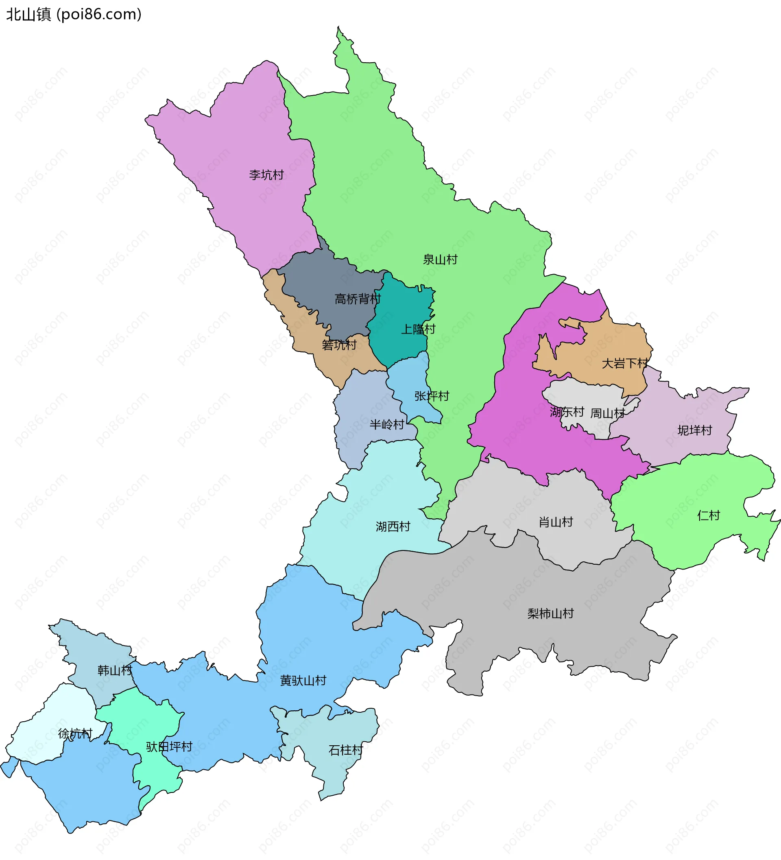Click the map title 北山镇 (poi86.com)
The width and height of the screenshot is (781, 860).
(x=73, y=15)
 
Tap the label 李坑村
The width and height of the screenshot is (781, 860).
(x=266, y=175)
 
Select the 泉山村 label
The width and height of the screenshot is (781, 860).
(x=440, y=260)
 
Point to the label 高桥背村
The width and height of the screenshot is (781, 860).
(x=358, y=299)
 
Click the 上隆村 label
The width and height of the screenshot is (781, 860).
(x=418, y=329)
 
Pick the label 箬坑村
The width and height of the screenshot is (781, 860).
(x=339, y=345)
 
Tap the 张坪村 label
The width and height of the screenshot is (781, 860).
(x=432, y=396)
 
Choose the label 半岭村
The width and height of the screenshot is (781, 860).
(x=386, y=424)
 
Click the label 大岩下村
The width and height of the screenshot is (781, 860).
(x=624, y=363)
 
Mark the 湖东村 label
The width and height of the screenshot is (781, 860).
(x=567, y=412)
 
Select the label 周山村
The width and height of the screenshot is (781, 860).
(x=607, y=413)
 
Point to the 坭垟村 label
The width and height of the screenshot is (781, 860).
(x=694, y=430)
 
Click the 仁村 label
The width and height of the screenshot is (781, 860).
(x=708, y=515)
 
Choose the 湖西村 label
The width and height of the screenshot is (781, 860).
(x=393, y=526)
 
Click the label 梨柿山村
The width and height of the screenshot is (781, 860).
(x=550, y=613)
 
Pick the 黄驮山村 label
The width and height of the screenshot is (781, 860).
(x=303, y=681)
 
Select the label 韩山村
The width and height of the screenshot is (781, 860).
(x=115, y=670)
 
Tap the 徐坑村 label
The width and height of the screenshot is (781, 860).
(x=75, y=733)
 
